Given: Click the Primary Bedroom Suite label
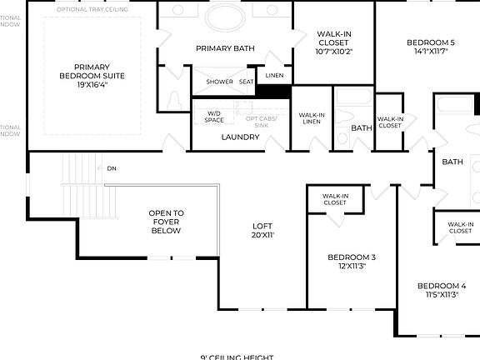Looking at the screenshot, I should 92,72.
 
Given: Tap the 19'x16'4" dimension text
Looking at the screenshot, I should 92,84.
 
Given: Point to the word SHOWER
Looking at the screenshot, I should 219,82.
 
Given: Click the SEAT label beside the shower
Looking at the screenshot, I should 247,82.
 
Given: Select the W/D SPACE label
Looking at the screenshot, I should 214,117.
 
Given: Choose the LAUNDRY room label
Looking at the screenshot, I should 240,137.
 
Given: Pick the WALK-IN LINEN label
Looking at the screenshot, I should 311,118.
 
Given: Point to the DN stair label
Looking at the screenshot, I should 112,168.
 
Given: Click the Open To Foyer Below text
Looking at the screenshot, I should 166,222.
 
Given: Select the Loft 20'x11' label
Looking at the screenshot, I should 262,230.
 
